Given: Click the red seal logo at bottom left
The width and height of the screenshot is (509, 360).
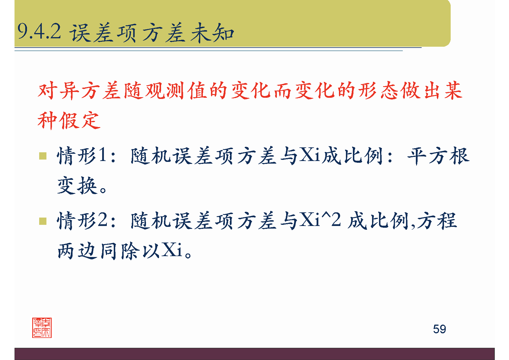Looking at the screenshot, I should coord(42,328).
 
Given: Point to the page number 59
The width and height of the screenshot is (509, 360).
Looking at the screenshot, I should coord(439,329).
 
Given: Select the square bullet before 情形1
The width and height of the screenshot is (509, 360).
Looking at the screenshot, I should coord(43,156).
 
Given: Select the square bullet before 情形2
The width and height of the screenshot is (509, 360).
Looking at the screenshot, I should coord(43,221).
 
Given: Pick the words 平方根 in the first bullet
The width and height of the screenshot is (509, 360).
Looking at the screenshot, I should coord(438,156).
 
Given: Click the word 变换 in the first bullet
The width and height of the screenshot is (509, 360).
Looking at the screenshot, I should coord(77,186).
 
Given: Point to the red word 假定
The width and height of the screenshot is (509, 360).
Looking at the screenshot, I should coord(80,120).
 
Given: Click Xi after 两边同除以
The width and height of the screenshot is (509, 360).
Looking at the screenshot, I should coord(172,250).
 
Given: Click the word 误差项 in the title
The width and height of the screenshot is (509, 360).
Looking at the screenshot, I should coord(103,33).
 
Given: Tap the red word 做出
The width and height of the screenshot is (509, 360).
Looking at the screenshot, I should coord(421,91).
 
